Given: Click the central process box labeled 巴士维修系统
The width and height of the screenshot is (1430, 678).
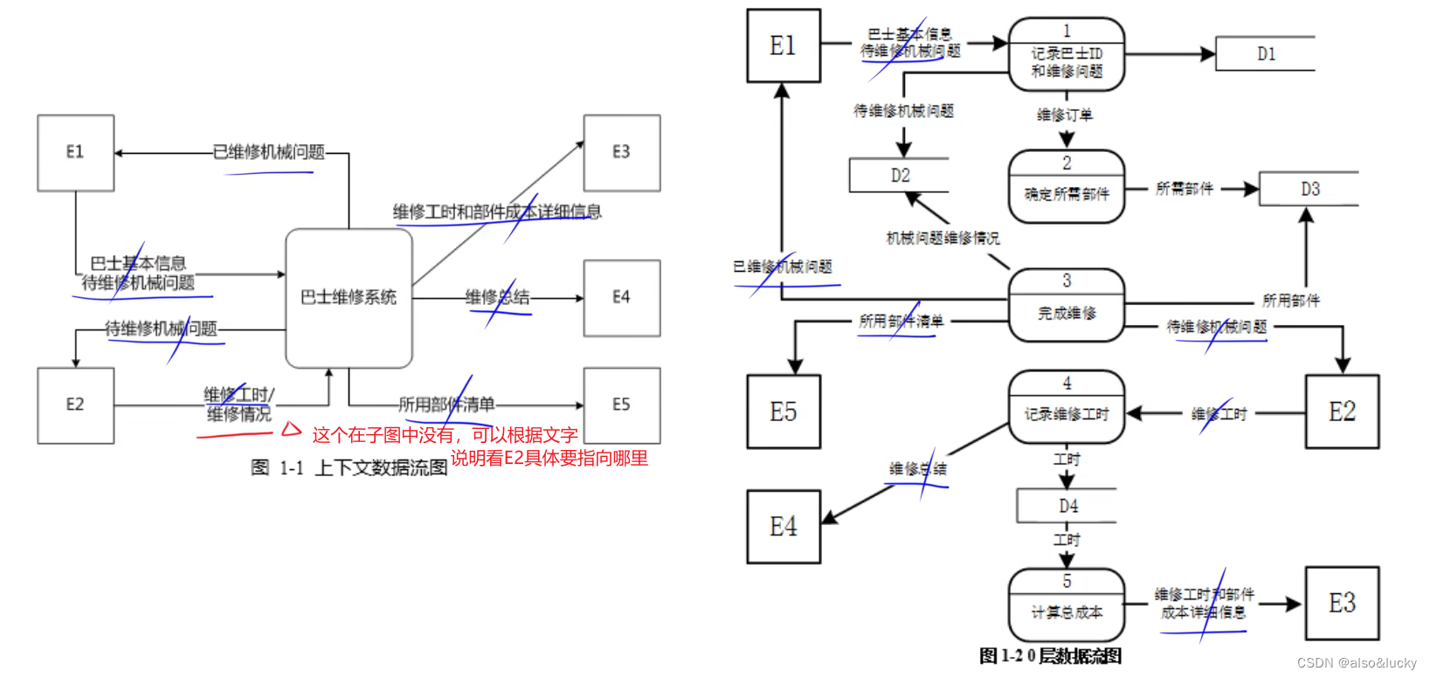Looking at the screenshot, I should (x=349, y=298).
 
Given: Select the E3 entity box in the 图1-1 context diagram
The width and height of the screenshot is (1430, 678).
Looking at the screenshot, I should (x=621, y=153).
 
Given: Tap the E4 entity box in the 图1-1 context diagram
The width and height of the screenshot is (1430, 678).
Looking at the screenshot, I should (x=621, y=298).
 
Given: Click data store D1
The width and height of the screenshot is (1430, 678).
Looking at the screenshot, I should (x=1266, y=54).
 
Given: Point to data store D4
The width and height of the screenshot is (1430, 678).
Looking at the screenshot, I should (x=1067, y=506).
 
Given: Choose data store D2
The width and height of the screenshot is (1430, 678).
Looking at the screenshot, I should (x=900, y=176).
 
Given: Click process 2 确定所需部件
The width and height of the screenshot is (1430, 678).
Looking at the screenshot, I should (x=1067, y=186).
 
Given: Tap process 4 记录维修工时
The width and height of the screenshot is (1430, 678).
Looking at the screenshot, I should (x=1067, y=406).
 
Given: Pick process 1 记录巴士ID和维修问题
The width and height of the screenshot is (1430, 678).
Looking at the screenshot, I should (x=1067, y=54).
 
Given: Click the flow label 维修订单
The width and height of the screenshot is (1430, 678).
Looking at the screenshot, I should (x=1064, y=114).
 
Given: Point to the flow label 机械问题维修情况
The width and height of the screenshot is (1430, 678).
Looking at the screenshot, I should (x=943, y=238).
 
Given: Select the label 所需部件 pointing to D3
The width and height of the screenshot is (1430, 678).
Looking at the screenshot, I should (x=1184, y=189).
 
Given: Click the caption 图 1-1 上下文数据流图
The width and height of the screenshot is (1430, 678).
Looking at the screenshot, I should (x=349, y=468).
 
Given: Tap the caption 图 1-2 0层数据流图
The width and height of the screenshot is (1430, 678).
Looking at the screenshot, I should (x=1051, y=656).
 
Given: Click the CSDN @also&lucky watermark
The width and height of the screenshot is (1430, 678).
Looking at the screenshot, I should (x=1357, y=663).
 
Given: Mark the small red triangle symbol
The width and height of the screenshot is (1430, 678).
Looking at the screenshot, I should (x=291, y=430).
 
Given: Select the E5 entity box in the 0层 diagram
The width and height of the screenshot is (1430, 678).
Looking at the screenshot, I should (x=784, y=412).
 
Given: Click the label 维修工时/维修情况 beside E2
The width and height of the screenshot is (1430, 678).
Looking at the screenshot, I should (x=238, y=405).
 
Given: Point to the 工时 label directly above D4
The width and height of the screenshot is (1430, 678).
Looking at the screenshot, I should (x=1067, y=460).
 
